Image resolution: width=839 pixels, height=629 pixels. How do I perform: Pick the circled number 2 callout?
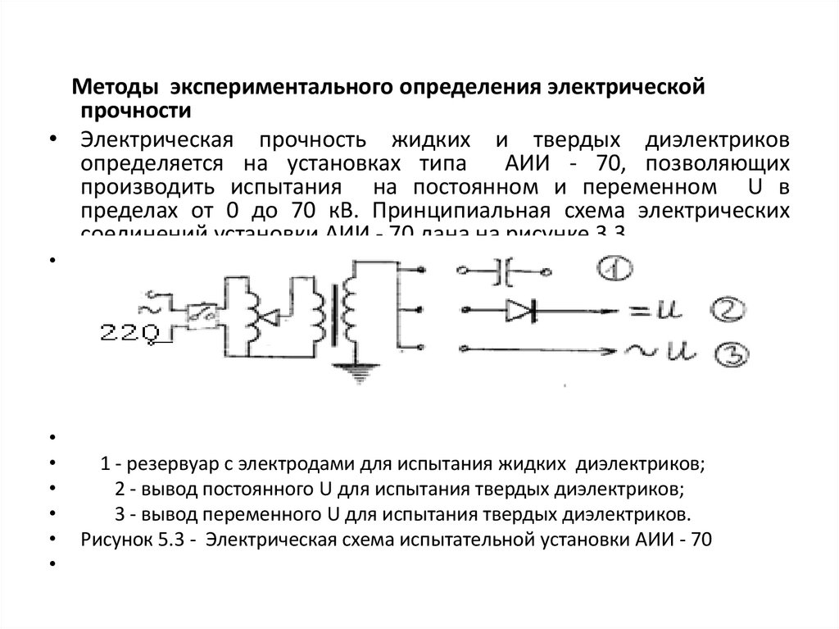[x=725, y=310]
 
